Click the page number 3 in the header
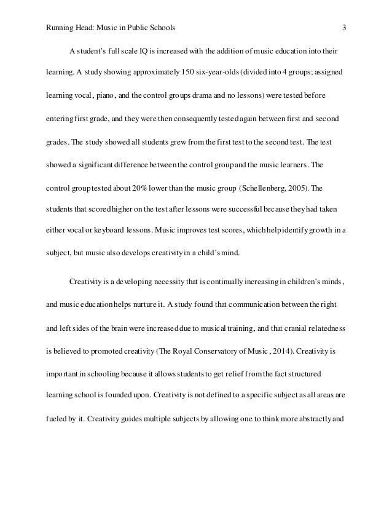pyautogui.click(x=344, y=27)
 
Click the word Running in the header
pyautogui.click(x=61, y=27)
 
